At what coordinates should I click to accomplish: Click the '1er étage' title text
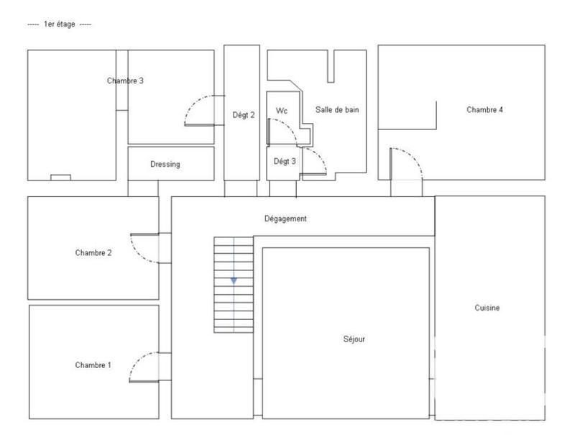pyautogui.click(x=59, y=24)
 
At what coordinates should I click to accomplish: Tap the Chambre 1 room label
pyautogui.click(x=93, y=365)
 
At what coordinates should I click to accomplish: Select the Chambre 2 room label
pyautogui.click(x=93, y=252)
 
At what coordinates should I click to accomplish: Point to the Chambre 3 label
pyautogui.click(x=125, y=81)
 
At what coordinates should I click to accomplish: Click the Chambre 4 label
pyautogui.click(x=484, y=110)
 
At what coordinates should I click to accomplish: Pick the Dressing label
pyautogui.click(x=165, y=164)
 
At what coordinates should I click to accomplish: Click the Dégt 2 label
pyautogui.click(x=244, y=114)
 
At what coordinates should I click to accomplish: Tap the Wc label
pyautogui.click(x=282, y=111)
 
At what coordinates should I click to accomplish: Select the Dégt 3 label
pyautogui.click(x=285, y=161)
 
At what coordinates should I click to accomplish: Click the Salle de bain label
pyautogui.click(x=337, y=110)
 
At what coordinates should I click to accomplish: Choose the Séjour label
pyautogui.click(x=354, y=339)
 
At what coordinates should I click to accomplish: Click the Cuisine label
pyautogui.click(x=487, y=308)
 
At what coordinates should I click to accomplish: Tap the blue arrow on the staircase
pyautogui.click(x=234, y=280)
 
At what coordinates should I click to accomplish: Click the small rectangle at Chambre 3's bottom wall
pyautogui.click(x=60, y=177)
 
